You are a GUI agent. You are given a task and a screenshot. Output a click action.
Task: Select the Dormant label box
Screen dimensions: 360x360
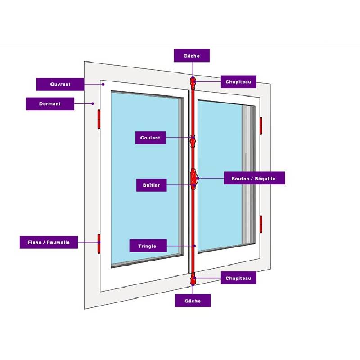(x=50, y=103)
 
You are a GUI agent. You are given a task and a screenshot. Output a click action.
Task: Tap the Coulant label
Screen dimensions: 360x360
(x=150, y=138)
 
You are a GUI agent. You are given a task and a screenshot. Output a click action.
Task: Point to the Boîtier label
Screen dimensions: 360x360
(x=151, y=185)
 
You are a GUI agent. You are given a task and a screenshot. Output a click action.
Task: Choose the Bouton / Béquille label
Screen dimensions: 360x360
(x=255, y=178)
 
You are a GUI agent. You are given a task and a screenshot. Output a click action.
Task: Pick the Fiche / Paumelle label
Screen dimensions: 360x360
(x=49, y=242)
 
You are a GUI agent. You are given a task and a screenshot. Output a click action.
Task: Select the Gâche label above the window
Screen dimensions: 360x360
(x=192, y=55)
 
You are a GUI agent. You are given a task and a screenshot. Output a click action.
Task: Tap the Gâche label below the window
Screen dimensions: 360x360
(x=193, y=300)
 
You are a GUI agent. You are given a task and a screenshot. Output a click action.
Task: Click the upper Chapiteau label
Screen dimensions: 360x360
(x=238, y=81)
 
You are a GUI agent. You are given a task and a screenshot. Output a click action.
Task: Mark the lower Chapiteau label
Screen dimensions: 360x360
(x=238, y=278)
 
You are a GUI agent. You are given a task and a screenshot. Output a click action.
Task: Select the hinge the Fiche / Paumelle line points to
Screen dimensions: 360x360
(x=99, y=243)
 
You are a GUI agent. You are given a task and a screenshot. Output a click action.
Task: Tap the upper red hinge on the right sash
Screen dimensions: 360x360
(x=261, y=125)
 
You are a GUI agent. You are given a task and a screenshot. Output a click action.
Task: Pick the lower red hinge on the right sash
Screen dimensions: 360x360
(x=261, y=224)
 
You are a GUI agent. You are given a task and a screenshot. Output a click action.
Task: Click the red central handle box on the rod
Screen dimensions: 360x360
(x=193, y=178)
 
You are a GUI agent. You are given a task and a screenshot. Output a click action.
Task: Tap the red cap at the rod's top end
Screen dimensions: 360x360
(x=193, y=84)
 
